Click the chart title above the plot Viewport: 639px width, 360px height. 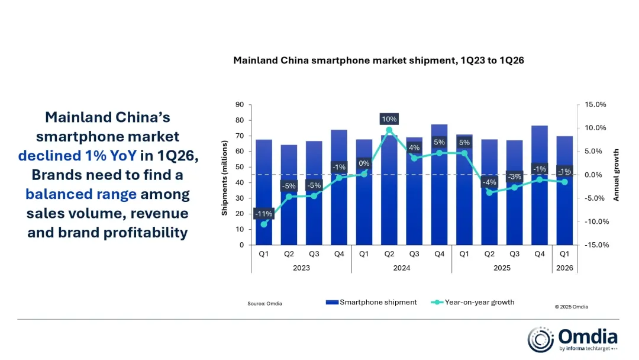[379, 60]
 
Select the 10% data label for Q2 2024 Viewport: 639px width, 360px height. [389, 119]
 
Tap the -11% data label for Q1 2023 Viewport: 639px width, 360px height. [263, 213]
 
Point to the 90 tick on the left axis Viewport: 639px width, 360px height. [240, 105]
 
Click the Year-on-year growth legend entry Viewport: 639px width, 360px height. [479, 303]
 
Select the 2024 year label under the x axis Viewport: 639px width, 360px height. [401, 268]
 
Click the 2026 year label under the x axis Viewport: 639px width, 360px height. [564, 268]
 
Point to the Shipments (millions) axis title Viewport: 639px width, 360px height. [225, 178]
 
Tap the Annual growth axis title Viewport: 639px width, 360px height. [616, 175]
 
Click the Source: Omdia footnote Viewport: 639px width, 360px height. [264, 304]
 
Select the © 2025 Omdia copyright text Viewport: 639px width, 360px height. [571, 307]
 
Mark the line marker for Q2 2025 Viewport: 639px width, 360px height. [489, 192]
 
